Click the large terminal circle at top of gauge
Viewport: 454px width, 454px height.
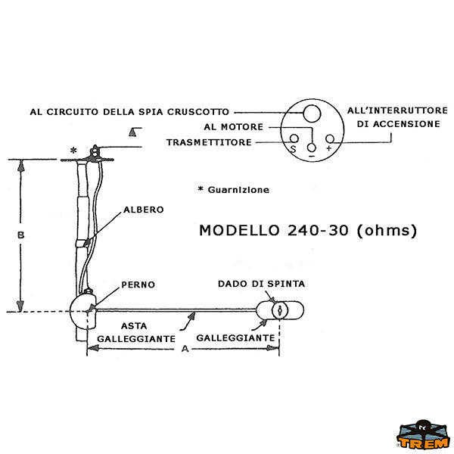[312, 113]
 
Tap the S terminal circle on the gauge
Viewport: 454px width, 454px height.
[294, 138]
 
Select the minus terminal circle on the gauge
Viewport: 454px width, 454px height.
[312, 148]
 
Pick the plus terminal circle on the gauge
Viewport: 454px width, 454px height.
[330, 138]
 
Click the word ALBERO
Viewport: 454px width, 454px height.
[144, 210]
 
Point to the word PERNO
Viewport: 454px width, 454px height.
[138, 285]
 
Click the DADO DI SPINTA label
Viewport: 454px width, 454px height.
[262, 284]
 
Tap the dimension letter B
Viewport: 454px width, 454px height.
[21, 235]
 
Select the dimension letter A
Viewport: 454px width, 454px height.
[185, 349]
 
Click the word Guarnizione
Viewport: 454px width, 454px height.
[238, 190]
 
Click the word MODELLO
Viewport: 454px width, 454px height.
[239, 231]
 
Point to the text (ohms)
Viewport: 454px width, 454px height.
[387, 231]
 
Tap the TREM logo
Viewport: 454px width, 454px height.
[423, 435]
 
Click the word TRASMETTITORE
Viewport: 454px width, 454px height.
[209, 142]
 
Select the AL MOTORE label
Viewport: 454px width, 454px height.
[234, 127]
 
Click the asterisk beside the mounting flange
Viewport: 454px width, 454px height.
[73, 151]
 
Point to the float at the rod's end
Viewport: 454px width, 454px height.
[280, 310]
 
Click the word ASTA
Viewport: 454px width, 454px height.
[134, 326]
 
